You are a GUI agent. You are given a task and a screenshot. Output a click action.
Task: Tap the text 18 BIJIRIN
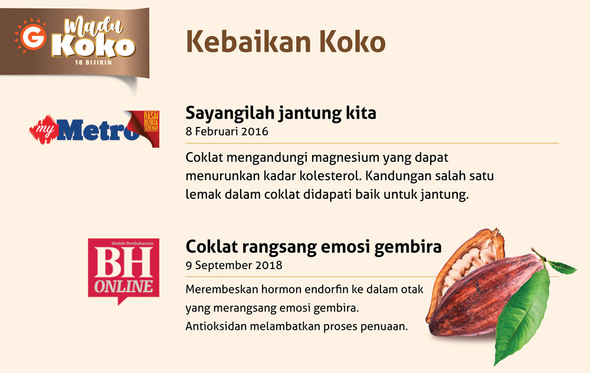point(93,63)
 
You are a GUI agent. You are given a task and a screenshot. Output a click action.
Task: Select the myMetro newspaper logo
point(94,129)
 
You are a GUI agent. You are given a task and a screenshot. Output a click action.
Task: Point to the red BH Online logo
point(123,271)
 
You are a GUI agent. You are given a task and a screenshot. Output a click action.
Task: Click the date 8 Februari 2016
point(227,132)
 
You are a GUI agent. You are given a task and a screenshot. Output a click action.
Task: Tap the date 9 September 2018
point(234,266)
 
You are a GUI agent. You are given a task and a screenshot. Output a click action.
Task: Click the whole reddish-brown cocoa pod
point(486,296)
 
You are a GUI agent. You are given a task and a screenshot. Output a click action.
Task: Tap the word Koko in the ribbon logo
point(93,46)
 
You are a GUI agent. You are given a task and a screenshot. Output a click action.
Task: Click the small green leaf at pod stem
point(562,267)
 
